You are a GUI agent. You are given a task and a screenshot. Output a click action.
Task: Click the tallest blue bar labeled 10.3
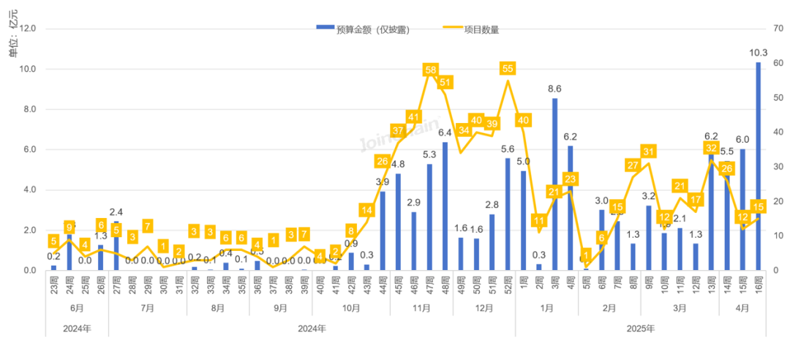758,166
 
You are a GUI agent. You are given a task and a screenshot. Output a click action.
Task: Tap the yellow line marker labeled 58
430,70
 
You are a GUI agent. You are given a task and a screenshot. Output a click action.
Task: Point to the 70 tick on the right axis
776,29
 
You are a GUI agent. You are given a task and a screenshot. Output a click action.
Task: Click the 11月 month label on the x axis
421,308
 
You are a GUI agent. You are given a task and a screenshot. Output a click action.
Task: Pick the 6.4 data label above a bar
445,133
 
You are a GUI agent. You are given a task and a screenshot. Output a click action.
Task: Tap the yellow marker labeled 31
648,151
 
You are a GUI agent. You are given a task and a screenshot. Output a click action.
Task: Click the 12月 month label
484,308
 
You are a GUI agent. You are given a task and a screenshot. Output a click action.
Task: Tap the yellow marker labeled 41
414,117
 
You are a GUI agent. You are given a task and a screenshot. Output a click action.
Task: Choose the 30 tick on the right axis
776,167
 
